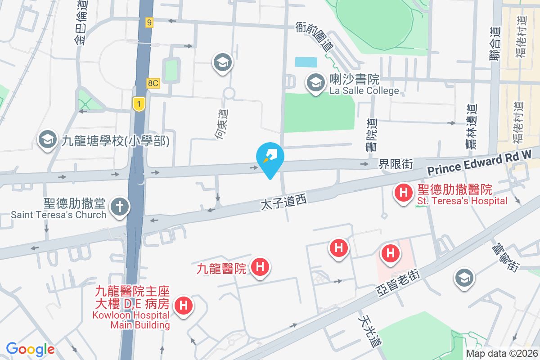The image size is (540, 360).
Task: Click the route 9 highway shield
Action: coord(149,22)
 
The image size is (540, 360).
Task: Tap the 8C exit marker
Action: coord(153,83)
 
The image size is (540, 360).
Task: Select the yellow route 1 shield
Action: coord(139,104)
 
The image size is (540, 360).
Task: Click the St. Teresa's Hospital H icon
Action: coord(404,193)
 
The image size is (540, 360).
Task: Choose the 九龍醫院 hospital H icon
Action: coord(260,266)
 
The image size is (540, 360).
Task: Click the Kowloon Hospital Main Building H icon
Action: coord(184,306)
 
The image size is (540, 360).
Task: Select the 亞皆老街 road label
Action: coord(399,283)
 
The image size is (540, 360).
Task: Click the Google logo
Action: coord(30,349)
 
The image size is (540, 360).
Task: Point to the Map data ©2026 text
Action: coord(501,354)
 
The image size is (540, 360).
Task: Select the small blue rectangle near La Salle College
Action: coord(306,62)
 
